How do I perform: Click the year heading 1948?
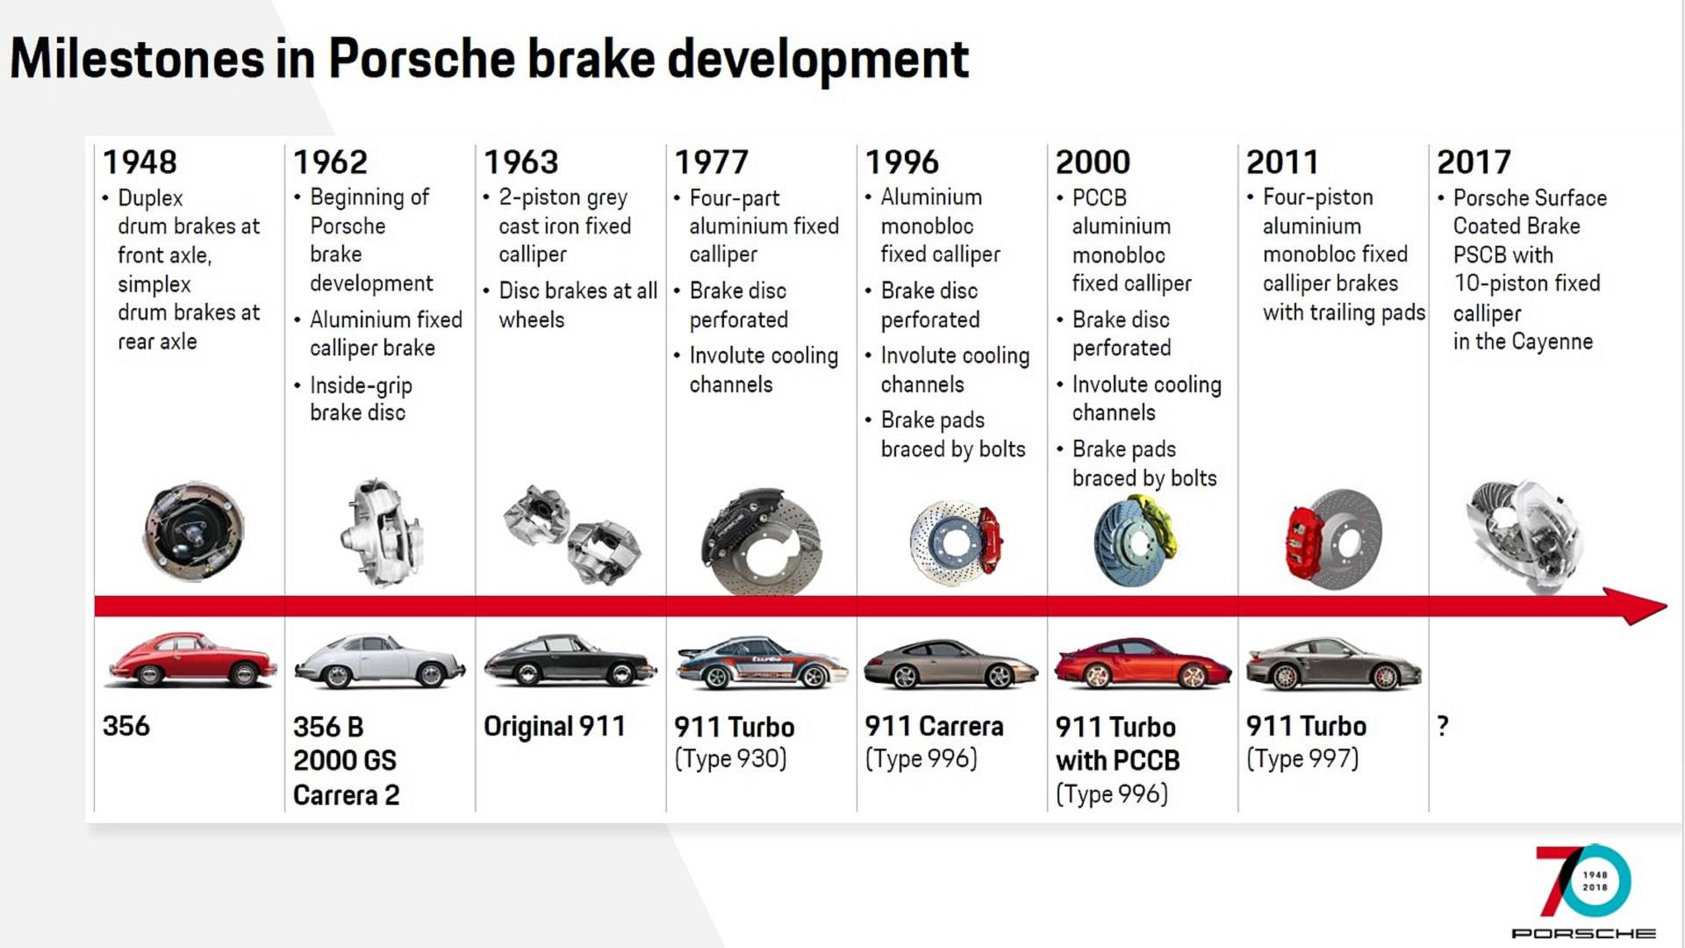click(140, 162)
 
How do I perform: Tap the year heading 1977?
click(711, 162)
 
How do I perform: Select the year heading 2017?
click(1473, 162)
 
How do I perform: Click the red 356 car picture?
click(190, 659)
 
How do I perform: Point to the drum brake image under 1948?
click(194, 530)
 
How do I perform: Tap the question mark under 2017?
click(1443, 726)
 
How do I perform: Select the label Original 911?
click(555, 726)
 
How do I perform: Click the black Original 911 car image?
click(570, 660)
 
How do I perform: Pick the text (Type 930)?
click(730, 758)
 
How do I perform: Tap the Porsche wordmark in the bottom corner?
click(1583, 933)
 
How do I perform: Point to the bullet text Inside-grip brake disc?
click(361, 399)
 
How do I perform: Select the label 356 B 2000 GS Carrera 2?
click(346, 760)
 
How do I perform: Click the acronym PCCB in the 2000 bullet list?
click(1100, 197)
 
